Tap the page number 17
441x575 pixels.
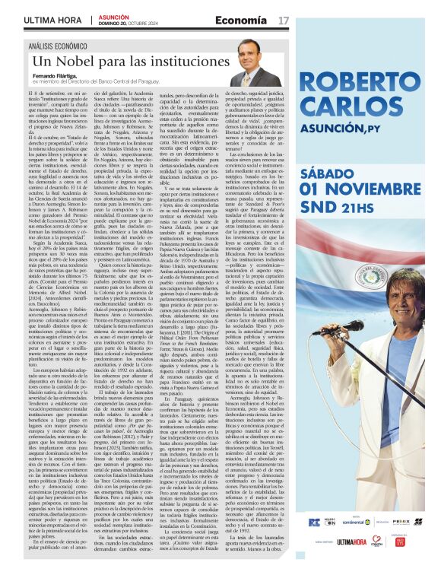(284, 19)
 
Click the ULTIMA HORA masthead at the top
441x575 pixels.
(52, 19)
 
